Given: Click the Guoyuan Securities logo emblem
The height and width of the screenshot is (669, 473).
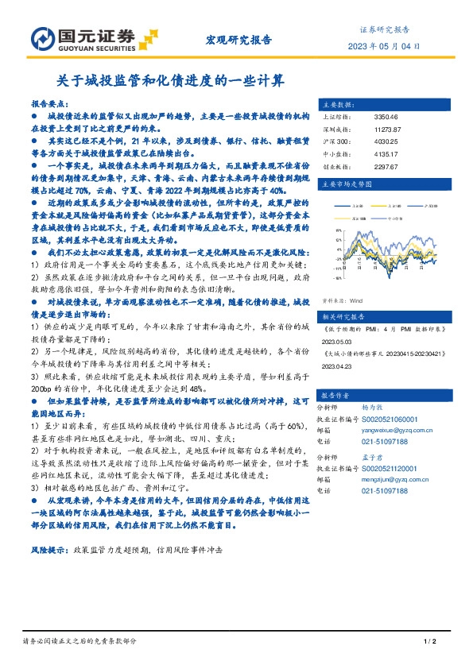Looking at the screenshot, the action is [x=42, y=38].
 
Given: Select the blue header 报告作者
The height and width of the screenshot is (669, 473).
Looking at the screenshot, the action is [x=335, y=395].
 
